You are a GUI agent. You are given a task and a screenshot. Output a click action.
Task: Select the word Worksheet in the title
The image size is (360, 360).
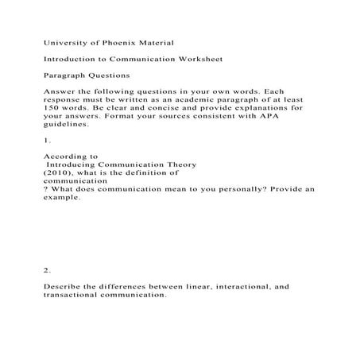(x=198, y=58)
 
